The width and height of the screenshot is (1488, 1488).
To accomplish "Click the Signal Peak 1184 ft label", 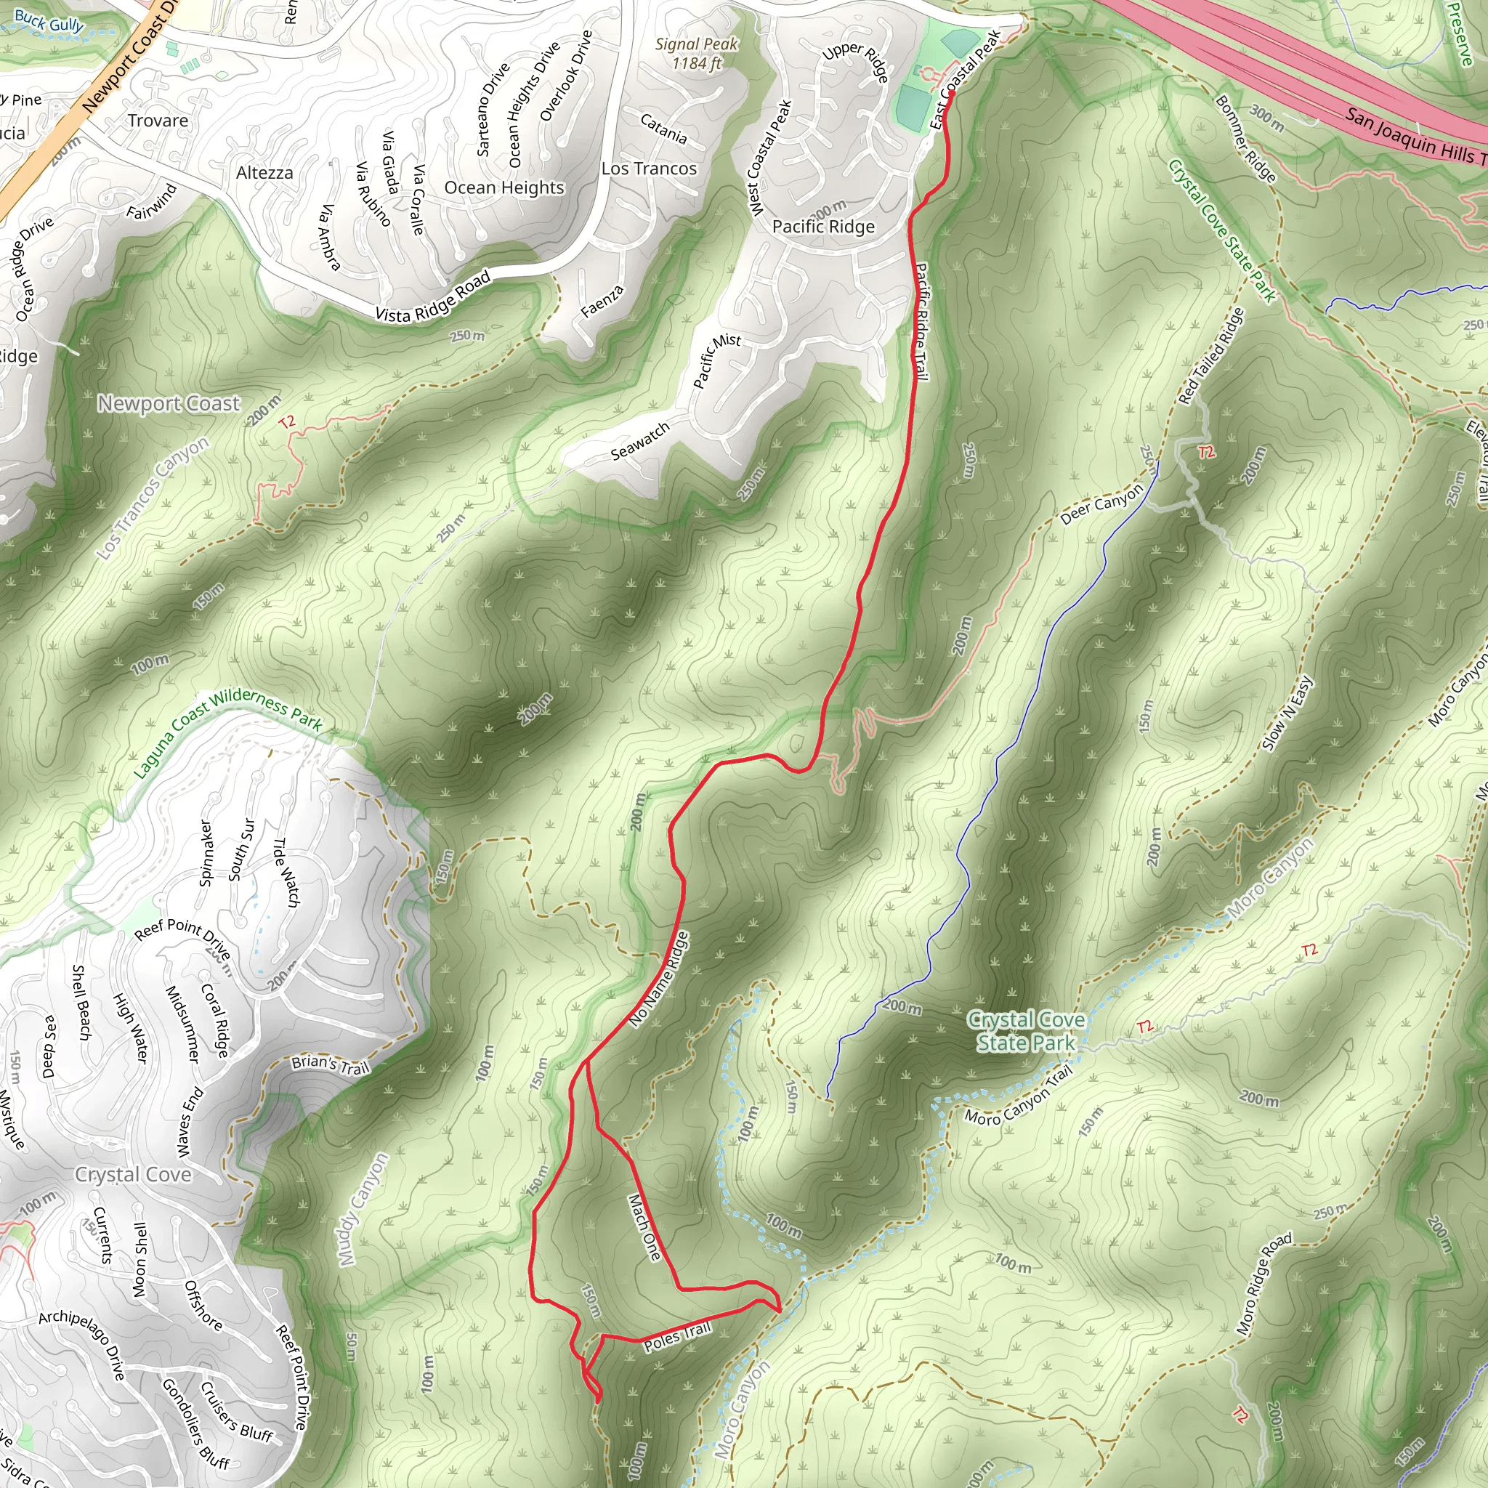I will click(696, 53).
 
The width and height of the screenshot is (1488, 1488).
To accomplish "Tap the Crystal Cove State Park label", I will click(1026, 1031).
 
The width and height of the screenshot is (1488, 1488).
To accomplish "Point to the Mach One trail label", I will click(644, 1227).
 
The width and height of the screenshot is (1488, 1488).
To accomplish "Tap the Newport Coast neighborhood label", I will click(169, 403).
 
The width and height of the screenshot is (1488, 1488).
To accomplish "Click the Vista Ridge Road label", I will click(433, 297).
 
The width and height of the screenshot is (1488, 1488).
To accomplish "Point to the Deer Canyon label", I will click(1101, 504).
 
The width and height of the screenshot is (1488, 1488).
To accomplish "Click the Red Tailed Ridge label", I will click(1210, 356).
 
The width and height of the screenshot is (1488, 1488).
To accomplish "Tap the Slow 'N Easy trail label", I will click(1287, 714).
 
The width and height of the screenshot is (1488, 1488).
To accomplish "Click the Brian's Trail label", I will click(331, 1065).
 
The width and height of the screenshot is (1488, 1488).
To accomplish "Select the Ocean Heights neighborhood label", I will click(504, 188).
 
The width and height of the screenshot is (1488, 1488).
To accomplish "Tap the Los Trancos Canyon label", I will click(153, 498).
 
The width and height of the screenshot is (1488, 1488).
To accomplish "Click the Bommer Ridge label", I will click(1245, 139).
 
